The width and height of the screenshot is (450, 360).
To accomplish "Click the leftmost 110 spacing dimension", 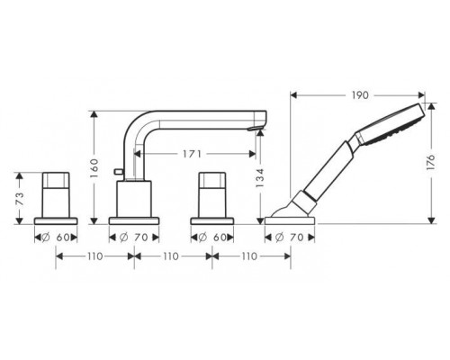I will tap(95, 256).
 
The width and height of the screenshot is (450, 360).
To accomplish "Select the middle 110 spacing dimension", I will tap(172, 256).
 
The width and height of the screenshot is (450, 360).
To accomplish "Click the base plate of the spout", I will tap(133, 219).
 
